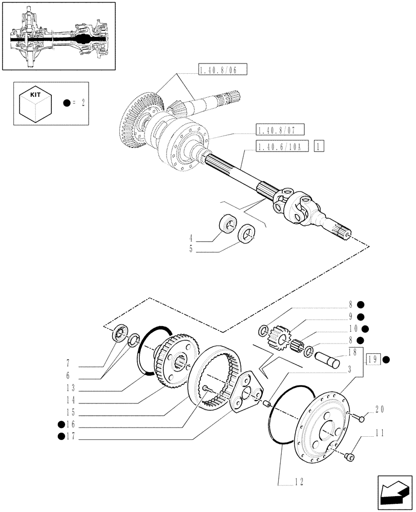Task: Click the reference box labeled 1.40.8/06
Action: [222, 70]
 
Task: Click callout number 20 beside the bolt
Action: [379, 409]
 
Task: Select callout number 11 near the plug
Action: [379, 434]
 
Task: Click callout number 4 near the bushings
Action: [191, 238]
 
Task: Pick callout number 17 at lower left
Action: [71, 437]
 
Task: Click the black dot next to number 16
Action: [61, 424]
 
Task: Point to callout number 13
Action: [71, 388]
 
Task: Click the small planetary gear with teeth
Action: [277, 336]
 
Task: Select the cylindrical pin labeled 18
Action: [328, 357]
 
